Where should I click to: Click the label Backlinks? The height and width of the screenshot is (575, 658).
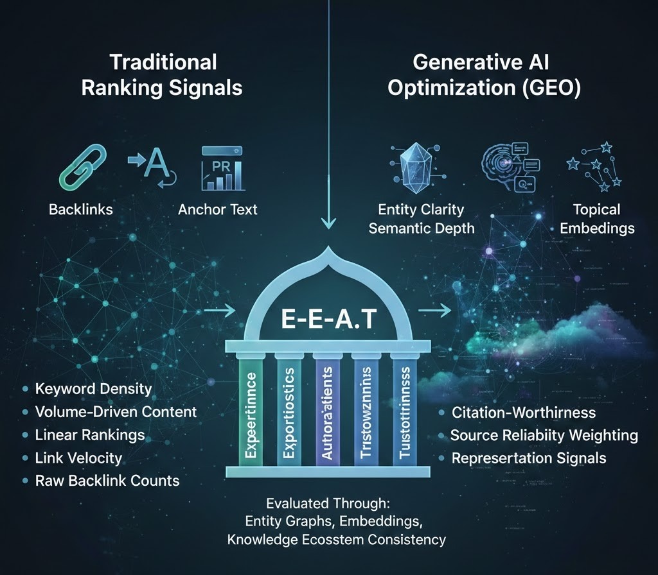(x=81, y=210)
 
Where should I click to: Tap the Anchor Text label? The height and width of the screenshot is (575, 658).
(x=218, y=210)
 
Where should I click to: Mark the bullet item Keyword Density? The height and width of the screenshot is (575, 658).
(x=93, y=389)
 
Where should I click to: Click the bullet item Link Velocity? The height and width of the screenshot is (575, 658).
(x=78, y=458)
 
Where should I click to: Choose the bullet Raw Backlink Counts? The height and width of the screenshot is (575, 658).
(x=107, y=481)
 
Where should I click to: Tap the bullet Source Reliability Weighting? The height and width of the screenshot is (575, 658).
(x=544, y=435)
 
